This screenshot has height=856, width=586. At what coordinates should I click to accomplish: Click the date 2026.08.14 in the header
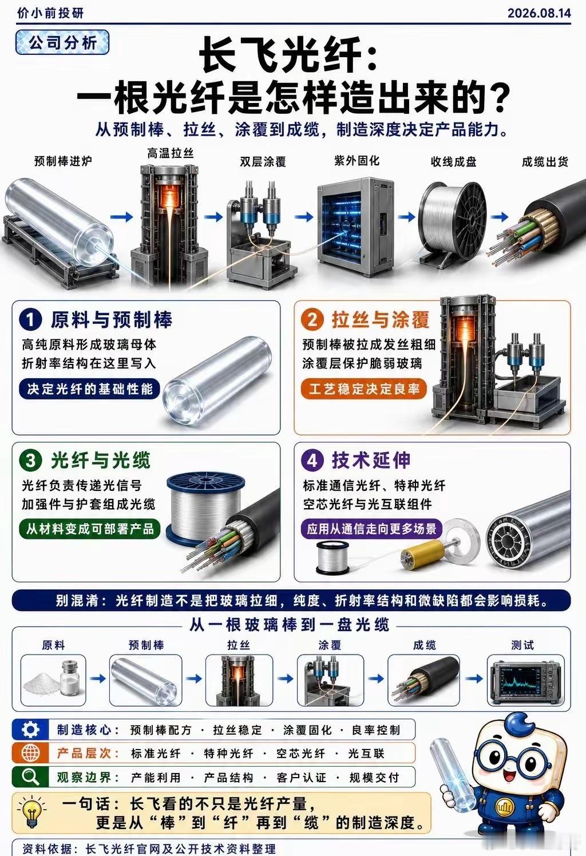click(539, 13)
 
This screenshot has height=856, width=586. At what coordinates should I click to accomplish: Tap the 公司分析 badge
click(62, 42)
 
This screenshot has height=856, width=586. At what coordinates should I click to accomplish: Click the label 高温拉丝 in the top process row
click(171, 153)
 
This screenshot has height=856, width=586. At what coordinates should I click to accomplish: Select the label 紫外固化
click(357, 161)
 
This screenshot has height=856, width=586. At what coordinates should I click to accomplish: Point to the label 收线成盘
click(453, 162)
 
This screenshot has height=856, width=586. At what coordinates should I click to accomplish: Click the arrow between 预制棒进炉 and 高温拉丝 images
click(121, 217)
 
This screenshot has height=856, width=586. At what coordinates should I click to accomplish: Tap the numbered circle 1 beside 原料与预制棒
click(30, 320)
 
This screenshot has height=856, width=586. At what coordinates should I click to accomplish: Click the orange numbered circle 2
click(312, 319)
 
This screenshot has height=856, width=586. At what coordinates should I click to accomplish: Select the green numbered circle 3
click(30, 461)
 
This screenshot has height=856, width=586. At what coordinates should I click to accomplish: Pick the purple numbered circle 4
click(312, 461)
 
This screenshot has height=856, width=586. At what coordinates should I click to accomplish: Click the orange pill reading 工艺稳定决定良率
click(363, 389)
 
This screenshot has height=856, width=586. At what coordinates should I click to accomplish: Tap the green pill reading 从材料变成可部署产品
click(90, 529)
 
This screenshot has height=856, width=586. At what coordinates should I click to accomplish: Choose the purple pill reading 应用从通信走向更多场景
click(371, 529)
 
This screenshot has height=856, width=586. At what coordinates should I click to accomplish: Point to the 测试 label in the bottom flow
click(522, 645)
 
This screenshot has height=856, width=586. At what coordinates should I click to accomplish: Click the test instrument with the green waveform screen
click(526, 680)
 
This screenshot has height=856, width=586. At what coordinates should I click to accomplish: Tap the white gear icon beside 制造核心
click(30, 730)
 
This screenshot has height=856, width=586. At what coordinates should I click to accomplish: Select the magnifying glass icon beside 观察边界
click(30, 777)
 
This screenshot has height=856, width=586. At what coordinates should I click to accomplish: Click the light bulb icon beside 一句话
click(31, 810)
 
